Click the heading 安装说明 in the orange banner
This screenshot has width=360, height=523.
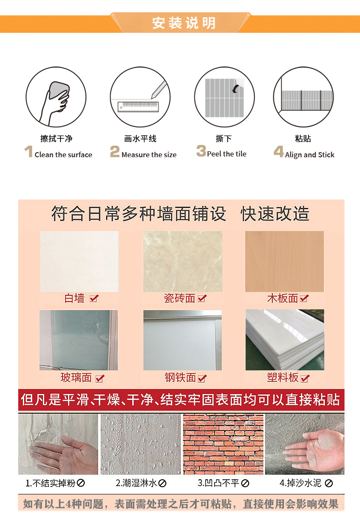click(184, 23)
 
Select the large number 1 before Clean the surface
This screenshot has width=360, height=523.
click(29, 152)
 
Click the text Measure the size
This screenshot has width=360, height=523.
click(149, 155)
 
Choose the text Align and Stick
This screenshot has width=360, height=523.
click(309, 155)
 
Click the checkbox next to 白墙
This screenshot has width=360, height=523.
click(94, 299)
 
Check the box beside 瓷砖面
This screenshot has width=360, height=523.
click(202, 299)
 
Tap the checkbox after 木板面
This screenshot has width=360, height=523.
click(304, 299)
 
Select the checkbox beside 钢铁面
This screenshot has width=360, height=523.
click(202, 378)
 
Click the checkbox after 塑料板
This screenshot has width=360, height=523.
click(305, 378)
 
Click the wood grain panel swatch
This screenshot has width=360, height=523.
click(284, 261)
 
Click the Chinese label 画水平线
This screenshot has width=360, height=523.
click(140, 138)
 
